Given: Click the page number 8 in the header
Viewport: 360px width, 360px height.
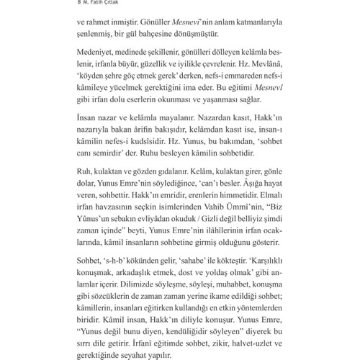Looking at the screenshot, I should tap(78, 4).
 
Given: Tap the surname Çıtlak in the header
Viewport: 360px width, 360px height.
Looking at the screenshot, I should tap(114, 4).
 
